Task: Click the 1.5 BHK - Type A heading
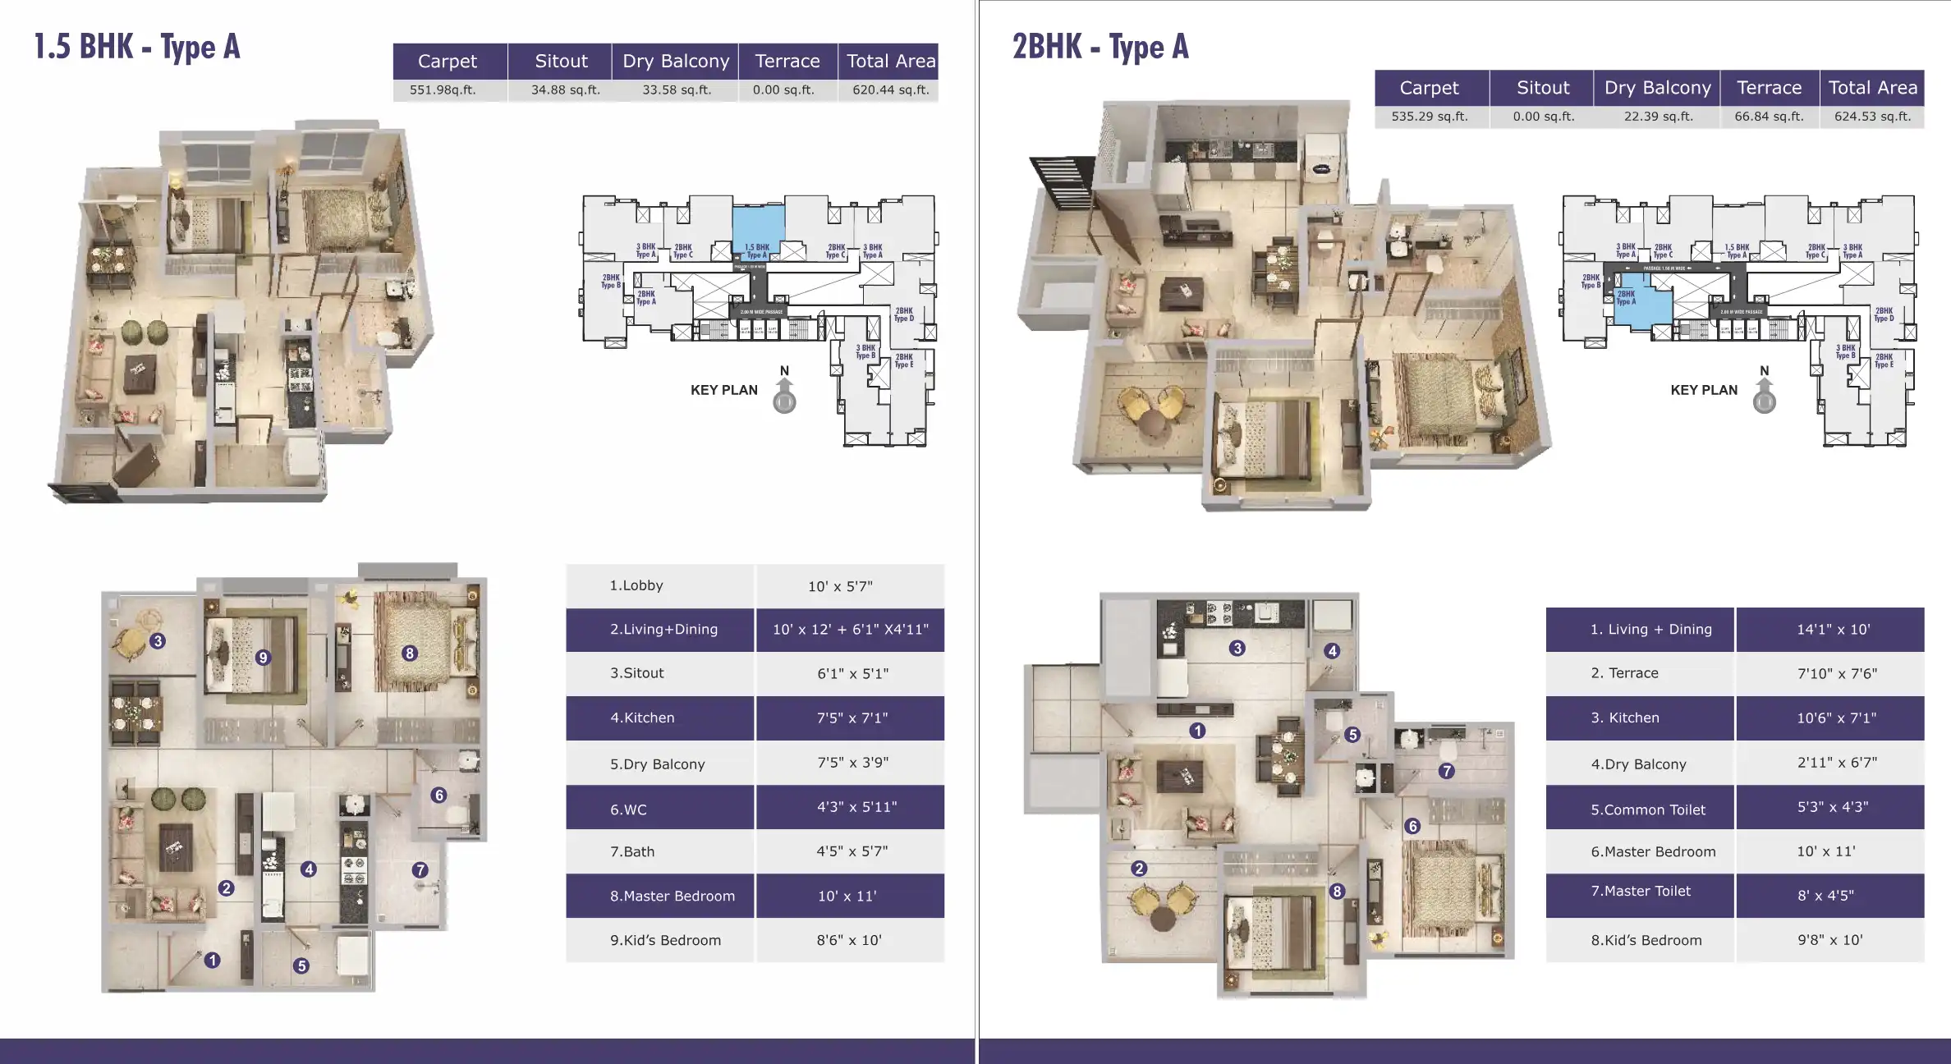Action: coord(137,47)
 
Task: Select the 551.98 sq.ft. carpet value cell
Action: coord(443,89)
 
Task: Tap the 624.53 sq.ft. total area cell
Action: coord(1872,117)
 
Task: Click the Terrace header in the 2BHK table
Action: coord(1769,88)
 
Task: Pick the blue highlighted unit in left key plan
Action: coord(757,226)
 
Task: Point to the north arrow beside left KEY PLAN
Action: coord(784,393)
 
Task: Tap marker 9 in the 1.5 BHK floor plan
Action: coord(263,657)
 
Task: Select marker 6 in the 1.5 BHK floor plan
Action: coord(439,795)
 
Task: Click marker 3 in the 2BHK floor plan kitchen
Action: coord(1237,648)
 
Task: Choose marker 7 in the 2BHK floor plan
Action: coord(1447,771)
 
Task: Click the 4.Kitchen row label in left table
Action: coord(642,718)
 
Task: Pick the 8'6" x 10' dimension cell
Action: coord(849,940)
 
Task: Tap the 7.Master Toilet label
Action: coord(1641,891)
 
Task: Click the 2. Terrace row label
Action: coord(1624,673)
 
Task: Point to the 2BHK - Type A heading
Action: coord(1100,47)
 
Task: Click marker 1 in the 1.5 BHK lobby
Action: coord(213,960)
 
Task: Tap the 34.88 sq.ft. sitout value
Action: coord(565,89)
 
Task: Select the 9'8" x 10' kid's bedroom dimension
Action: coord(1829,940)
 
